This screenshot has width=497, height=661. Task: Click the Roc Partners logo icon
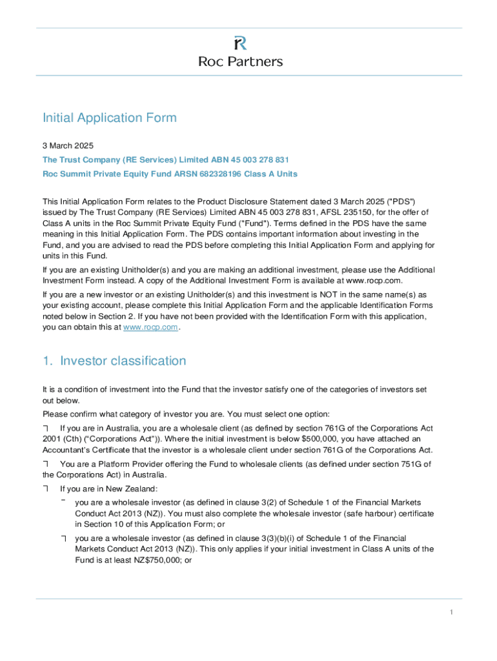pos(239,43)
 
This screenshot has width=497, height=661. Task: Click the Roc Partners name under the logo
pos(239,62)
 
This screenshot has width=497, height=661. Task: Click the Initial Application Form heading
pos(109,118)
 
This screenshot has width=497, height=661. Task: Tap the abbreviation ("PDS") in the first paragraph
pos(404,201)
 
